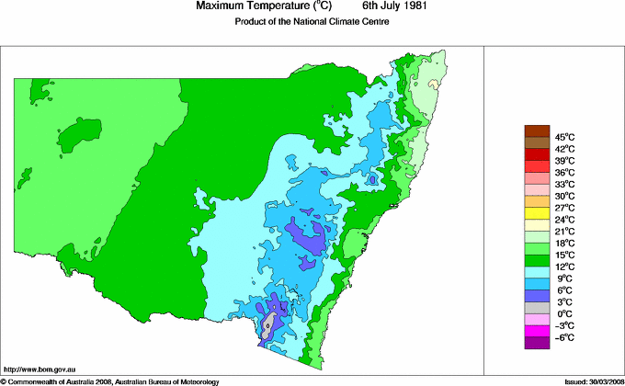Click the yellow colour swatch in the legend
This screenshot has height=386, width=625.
536,213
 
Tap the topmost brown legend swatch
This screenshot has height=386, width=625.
536,131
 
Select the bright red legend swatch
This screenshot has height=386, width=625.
536,154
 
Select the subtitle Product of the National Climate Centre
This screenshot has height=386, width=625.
313,22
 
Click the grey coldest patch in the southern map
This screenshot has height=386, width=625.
268,324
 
